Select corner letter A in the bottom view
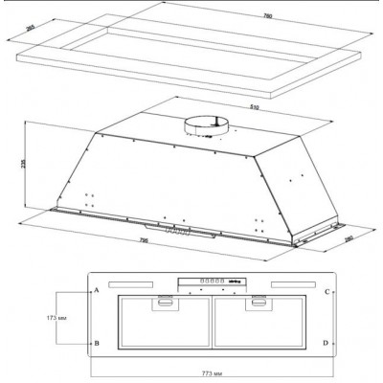95,289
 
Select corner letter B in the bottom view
95,342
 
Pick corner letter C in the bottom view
327,290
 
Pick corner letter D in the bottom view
327,342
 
